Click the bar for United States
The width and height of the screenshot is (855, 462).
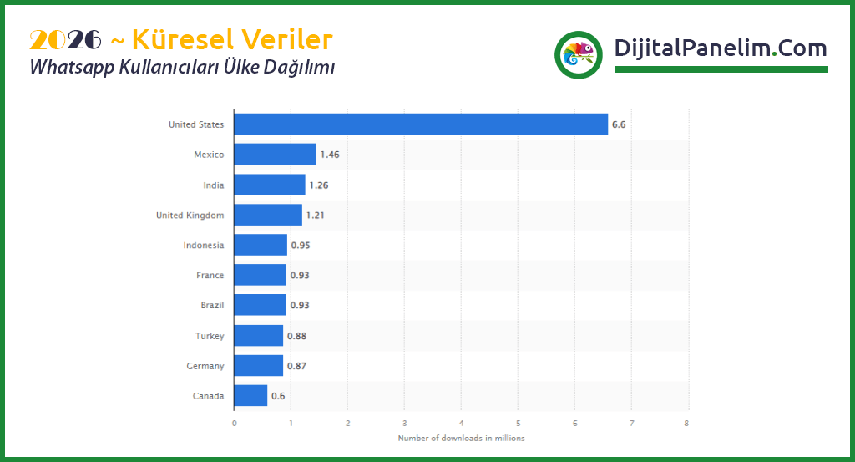pos(421,124)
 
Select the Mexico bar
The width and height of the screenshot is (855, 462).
pos(275,154)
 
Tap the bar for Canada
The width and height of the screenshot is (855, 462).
pos(250,395)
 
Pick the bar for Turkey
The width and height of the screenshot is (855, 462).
pos(259,335)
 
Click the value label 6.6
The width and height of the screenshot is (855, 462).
pos(619,124)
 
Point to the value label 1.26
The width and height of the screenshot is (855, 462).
pos(319,185)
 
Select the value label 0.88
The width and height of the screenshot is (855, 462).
pos(296,336)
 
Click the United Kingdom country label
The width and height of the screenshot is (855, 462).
pos(190,215)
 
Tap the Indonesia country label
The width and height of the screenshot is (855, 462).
pos(204,245)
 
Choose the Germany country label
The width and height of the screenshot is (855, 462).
pos(205,366)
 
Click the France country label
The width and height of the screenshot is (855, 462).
pos(210,275)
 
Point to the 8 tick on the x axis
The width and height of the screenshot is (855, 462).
pos(687,422)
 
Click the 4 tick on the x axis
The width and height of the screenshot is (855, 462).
pos(461,422)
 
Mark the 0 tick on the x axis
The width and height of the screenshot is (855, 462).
pos(234,422)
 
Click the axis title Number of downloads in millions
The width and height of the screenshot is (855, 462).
pos(461,438)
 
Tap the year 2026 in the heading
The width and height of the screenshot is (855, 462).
pos(65,39)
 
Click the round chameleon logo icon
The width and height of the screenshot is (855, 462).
pos(578,55)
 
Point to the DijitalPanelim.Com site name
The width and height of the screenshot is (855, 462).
pos(720,48)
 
